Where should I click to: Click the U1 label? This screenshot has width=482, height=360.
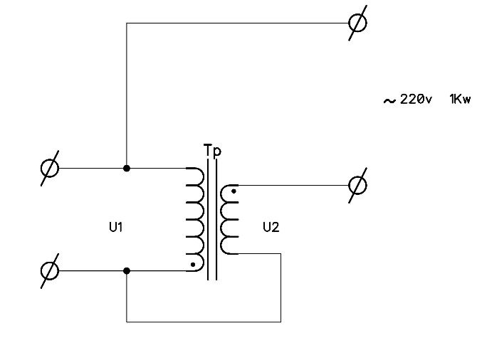pos(116,227)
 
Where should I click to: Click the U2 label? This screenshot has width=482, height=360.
pos(271,227)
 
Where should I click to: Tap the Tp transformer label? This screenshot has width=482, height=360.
pos(212,151)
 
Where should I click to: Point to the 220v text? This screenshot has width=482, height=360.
pos(416,99)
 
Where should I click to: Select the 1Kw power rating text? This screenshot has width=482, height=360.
pos(460,99)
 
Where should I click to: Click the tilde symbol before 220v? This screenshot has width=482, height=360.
pos(389,101)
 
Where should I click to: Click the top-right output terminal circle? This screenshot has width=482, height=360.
pos(357,23)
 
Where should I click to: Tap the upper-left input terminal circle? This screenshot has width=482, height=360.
pos(50,169)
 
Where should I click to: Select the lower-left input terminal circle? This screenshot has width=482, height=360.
pos(50,271)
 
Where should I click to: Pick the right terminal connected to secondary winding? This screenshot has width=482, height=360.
pos(357,186)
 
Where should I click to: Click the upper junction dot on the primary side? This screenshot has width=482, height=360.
pos(127,169)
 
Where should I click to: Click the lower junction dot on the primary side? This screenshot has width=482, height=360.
pos(127,271)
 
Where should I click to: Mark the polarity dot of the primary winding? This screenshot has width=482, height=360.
pos(193,265)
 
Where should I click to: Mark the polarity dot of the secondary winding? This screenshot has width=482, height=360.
pos(234,191)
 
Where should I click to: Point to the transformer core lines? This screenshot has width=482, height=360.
pos(212,220)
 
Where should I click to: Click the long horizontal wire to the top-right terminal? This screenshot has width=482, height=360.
pos(237,23)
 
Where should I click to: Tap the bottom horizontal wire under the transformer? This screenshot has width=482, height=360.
pos(204,322)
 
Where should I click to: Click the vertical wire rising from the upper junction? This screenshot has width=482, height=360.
pos(127,95)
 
